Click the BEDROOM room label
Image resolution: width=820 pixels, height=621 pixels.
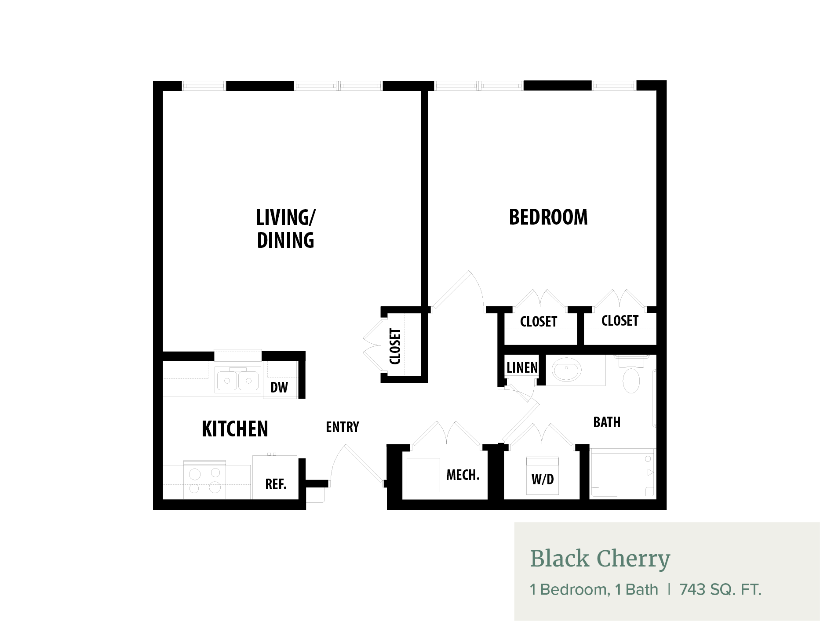point(548,217)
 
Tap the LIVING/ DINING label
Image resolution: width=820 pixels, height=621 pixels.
point(286,229)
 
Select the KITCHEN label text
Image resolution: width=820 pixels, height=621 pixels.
point(235,429)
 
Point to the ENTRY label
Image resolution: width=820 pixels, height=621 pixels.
point(343,427)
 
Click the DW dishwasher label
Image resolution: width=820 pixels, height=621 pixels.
point(279,388)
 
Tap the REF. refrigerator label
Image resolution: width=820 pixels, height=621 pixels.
point(276,484)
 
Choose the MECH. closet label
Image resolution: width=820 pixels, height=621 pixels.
point(463,475)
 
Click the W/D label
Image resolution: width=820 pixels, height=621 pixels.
point(543,479)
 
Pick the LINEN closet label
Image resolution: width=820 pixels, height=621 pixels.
point(522,368)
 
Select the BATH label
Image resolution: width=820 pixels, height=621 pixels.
point(607,422)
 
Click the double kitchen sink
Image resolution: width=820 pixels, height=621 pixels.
point(238,380)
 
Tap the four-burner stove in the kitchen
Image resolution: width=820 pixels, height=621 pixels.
point(204,479)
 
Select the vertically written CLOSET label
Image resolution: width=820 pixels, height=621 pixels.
point(395,346)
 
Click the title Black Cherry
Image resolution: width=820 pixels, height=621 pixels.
point(600,559)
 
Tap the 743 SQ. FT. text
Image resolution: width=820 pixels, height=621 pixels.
point(720,589)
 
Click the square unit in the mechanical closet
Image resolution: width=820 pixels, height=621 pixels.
point(423,475)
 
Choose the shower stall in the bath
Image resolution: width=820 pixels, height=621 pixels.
point(623,473)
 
